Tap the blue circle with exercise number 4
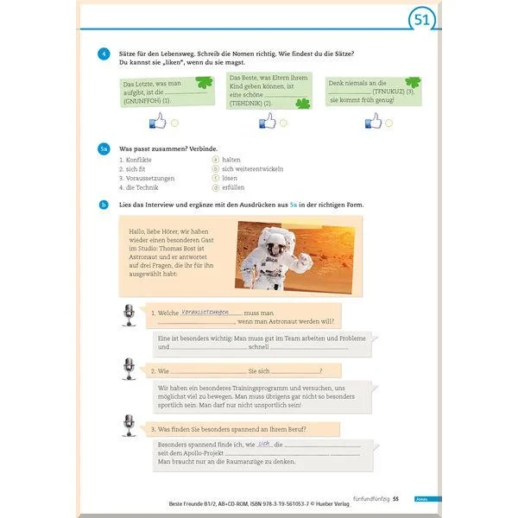pyautogui.click(x=103, y=55)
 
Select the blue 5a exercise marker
pyautogui.click(x=104, y=149)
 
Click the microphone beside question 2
pyautogui.click(x=129, y=370)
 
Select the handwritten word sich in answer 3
pyautogui.click(x=265, y=444)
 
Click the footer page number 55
pyautogui.click(x=396, y=499)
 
